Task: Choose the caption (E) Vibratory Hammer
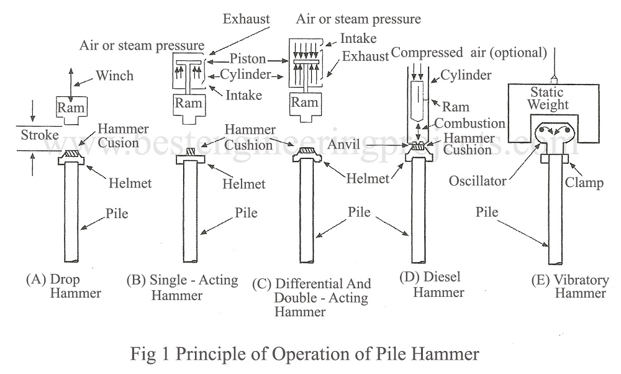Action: coord(571,286)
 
